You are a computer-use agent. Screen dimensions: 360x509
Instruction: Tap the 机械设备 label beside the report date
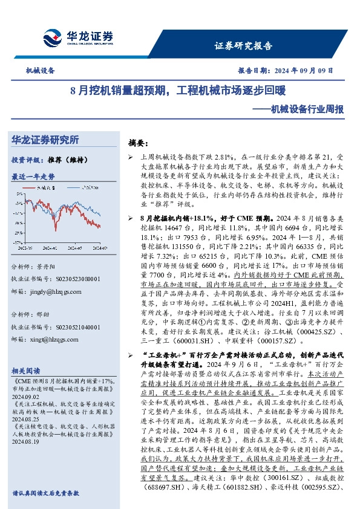[40, 71]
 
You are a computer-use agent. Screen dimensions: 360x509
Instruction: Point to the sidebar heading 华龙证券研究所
[54, 140]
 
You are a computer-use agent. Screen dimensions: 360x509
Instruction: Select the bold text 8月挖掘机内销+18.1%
[174, 216]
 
